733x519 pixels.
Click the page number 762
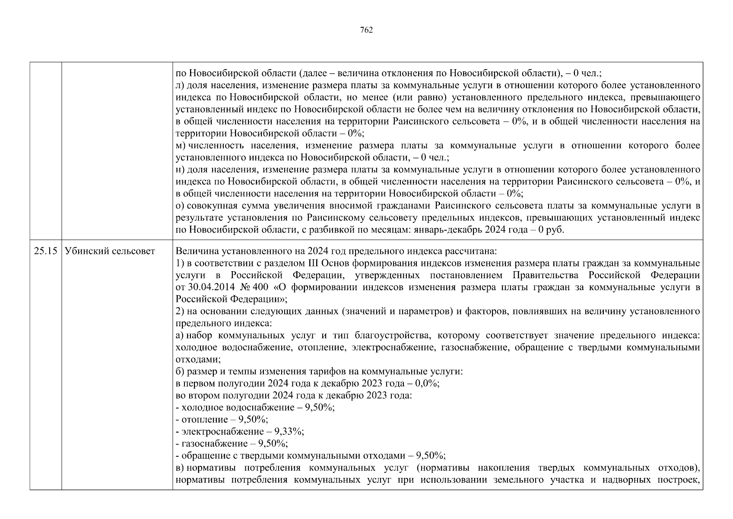(366, 30)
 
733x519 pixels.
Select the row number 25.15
(46, 251)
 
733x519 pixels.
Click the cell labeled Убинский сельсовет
(110, 251)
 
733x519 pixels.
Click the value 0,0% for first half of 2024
(427, 384)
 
